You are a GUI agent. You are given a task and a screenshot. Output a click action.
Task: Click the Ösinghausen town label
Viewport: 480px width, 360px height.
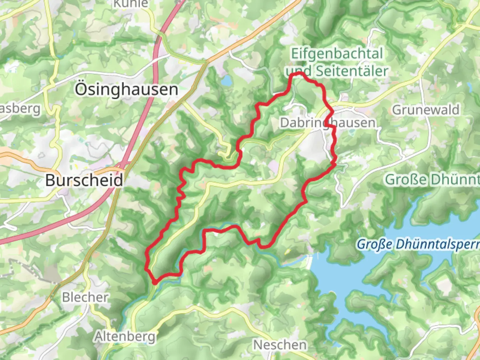point(126,90)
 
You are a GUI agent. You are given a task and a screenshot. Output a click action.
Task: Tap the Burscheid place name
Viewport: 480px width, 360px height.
point(84,180)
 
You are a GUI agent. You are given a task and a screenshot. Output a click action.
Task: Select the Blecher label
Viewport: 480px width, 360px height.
point(85,297)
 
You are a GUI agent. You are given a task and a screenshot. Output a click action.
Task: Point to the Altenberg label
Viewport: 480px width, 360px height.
point(125,337)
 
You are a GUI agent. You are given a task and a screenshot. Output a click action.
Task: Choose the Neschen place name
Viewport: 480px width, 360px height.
point(280,345)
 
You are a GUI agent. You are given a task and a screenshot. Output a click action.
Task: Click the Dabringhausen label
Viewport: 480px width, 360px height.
point(327,123)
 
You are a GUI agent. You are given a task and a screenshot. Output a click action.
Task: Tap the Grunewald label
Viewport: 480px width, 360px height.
point(426,110)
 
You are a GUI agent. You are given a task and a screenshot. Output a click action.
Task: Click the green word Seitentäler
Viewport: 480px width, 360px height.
point(352,71)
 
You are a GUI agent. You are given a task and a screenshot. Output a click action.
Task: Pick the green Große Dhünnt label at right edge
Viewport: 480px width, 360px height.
point(432,180)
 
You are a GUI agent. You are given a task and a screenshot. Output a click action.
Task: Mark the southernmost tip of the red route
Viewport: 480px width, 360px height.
point(155,283)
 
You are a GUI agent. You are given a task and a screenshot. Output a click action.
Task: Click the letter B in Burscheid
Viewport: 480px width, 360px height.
point(50,180)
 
